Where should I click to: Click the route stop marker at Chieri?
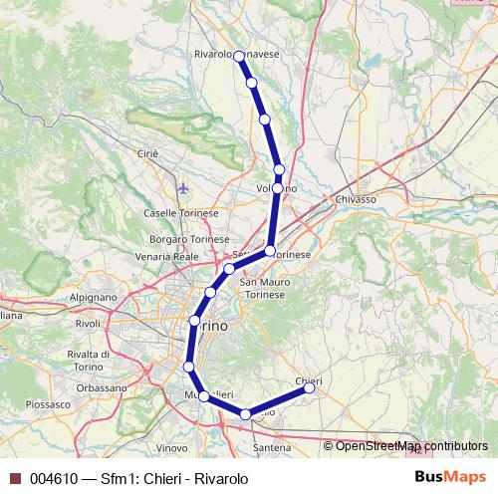310,388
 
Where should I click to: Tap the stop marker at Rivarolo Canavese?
239,57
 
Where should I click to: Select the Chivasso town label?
356,199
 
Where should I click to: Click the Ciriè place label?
146,154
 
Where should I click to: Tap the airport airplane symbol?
181,187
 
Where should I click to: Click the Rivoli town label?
89,323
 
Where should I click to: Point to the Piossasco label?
48,405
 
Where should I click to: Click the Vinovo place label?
171,448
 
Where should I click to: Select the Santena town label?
271,449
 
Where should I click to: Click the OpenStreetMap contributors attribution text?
411,446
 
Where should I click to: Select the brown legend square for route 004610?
14,479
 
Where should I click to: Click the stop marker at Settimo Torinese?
270,251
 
